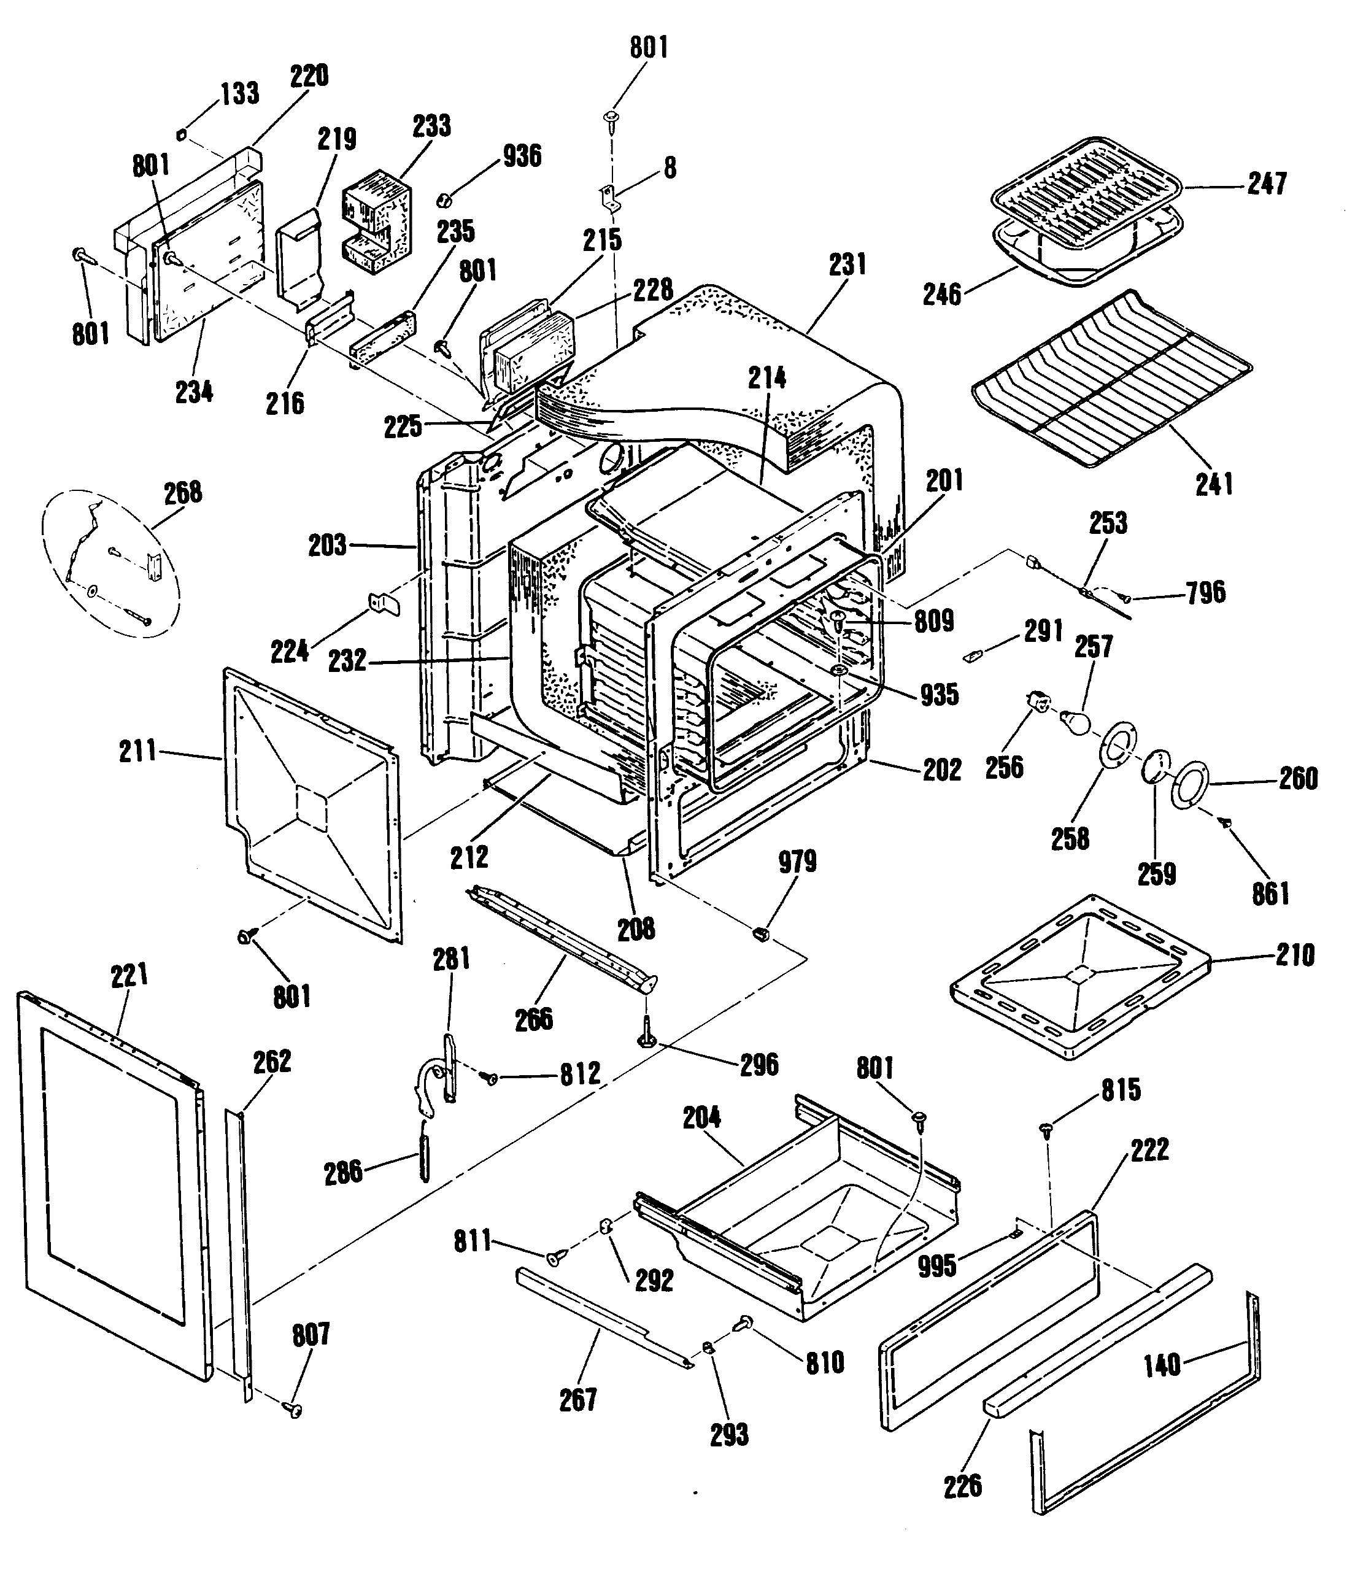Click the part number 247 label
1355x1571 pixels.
pyautogui.click(x=1267, y=183)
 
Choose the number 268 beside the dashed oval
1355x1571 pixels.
pyautogui.click(x=183, y=492)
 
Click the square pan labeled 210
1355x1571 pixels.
pyautogui.click(x=1079, y=976)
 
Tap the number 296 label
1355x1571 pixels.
pyautogui.click(x=759, y=1065)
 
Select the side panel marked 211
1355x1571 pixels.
pyautogui.click(x=312, y=805)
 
